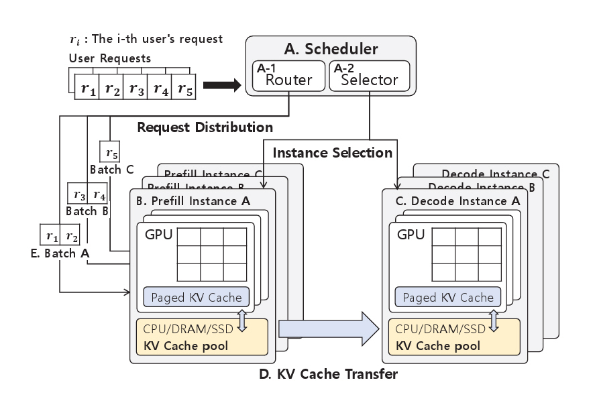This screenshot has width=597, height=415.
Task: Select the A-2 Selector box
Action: point(368,76)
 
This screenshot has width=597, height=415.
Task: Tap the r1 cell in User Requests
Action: point(88,88)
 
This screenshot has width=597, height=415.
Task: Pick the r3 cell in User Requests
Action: point(136,88)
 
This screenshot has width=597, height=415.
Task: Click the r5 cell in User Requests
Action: point(184,88)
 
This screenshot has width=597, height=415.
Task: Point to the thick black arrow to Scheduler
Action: point(221,85)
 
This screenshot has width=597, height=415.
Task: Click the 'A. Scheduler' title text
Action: point(331,49)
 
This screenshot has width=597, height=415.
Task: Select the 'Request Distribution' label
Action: point(205,127)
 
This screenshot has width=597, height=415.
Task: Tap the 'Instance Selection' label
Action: point(332,153)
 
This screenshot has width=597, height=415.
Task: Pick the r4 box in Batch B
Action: point(99,196)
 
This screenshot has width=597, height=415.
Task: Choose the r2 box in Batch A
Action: point(71,237)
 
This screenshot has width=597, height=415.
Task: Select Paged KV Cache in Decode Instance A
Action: point(449,298)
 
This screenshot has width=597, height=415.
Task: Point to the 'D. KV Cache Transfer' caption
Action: point(328,374)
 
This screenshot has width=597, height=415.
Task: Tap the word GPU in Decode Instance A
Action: point(411,235)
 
